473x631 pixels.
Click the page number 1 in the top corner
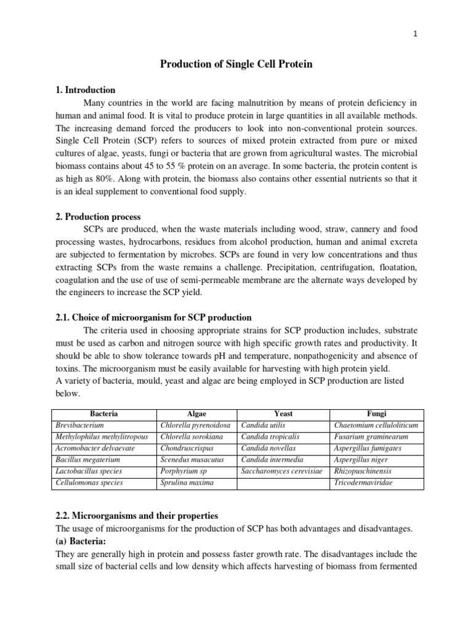click(416, 35)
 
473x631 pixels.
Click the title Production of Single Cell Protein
click(236, 65)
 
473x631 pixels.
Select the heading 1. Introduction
click(86, 90)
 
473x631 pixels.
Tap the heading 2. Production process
click(98, 217)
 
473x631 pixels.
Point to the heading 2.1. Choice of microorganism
click(153, 318)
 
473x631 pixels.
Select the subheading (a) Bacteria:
click(81, 542)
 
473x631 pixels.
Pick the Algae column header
click(197, 414)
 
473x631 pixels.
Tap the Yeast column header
click(283, 414)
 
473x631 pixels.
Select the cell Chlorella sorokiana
click(191, 437)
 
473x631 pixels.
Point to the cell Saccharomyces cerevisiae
click(283, 471)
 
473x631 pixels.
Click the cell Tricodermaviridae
click(363, 482)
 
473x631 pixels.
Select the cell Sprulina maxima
click(187, 482)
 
